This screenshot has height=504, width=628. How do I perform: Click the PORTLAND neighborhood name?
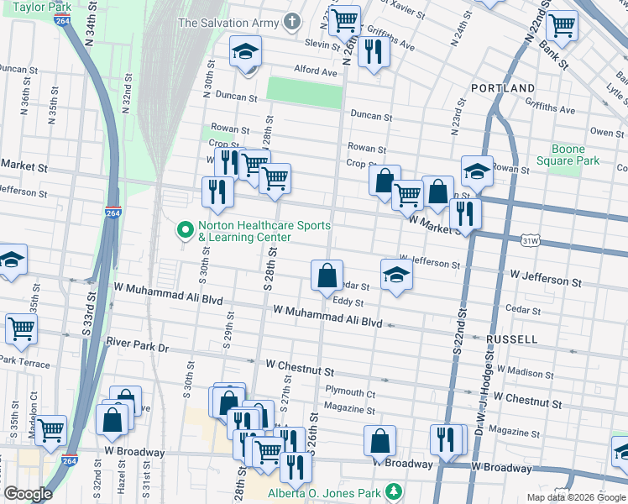503,88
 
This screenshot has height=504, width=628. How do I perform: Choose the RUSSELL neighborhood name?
510,339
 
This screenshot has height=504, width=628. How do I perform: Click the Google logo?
28,494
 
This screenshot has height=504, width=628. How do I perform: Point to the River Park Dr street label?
138,344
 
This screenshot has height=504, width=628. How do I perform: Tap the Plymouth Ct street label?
350,392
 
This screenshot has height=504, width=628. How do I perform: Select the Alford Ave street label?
315,71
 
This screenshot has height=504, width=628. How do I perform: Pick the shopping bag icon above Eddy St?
327,276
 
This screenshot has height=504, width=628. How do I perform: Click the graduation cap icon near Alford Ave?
245,53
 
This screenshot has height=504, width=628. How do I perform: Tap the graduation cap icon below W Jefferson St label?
395,275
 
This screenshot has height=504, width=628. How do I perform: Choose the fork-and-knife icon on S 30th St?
217,192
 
